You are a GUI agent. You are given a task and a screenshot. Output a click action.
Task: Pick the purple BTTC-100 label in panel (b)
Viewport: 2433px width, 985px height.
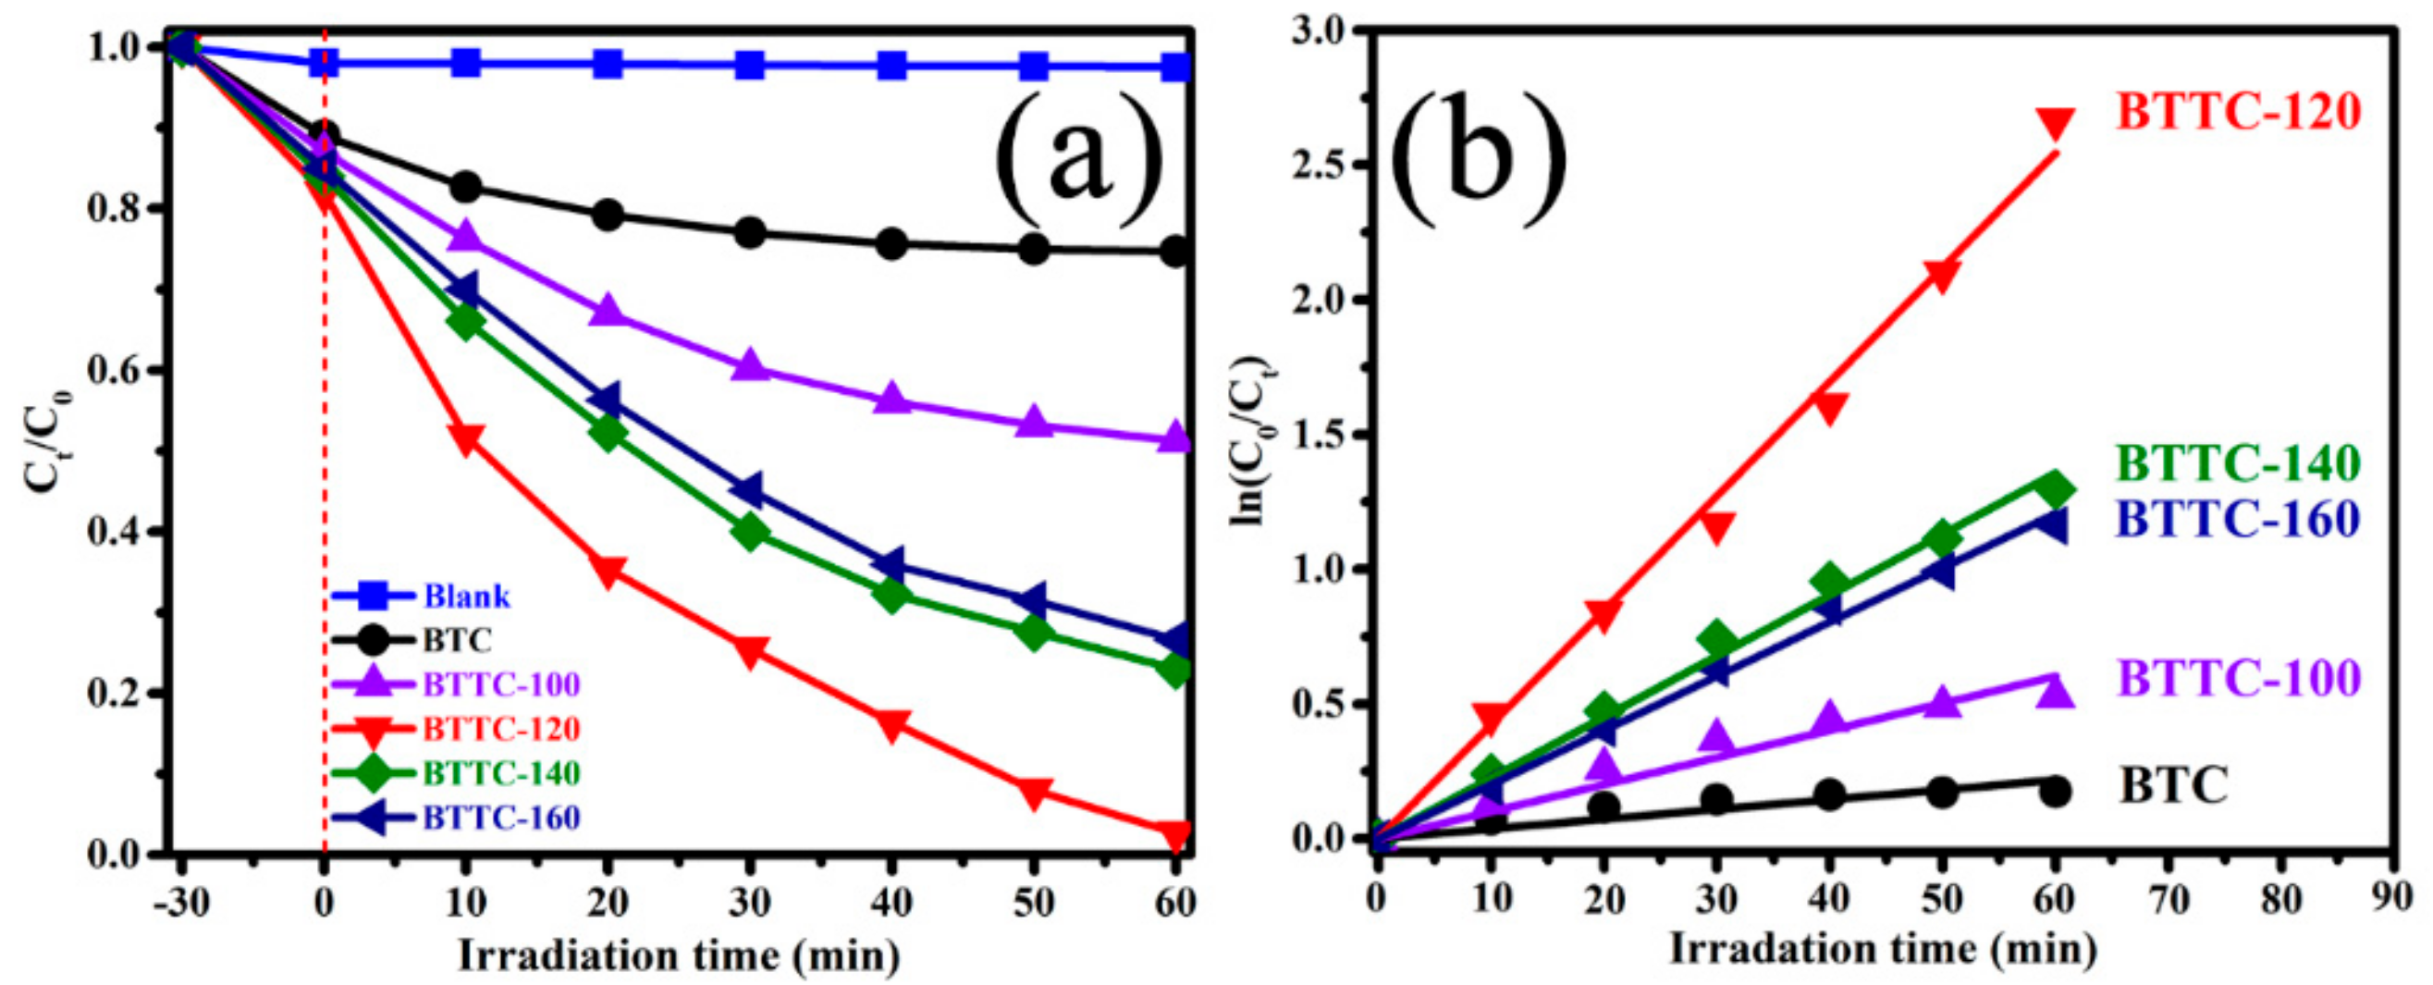2239,677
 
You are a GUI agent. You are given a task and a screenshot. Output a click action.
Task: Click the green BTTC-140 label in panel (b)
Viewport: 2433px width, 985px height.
2239,462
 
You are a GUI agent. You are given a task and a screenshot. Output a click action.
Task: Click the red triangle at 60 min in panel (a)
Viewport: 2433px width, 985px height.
1176,834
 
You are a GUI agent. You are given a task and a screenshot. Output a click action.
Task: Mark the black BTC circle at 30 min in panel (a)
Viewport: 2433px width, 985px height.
750,233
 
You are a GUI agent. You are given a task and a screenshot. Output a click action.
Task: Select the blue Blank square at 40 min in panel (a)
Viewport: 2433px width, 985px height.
891,66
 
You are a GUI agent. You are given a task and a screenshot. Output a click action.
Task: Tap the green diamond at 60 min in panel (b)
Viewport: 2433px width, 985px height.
2055,490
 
